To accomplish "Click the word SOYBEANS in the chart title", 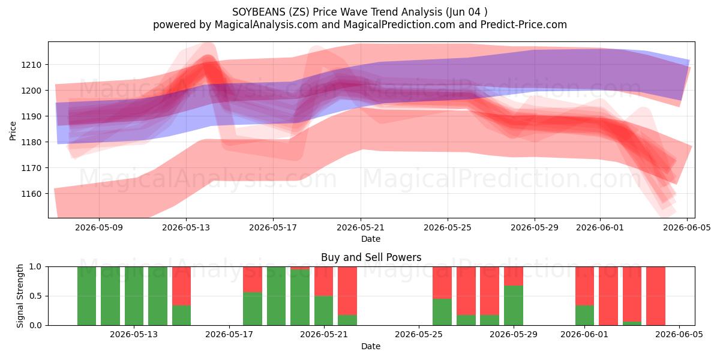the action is [x=259, y=12].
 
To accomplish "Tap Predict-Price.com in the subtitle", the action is [x=524, y=25].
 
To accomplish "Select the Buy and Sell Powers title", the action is [x=371, y=257].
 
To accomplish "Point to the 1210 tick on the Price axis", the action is [x=31, y=65].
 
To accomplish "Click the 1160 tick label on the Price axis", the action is [x=31, y=194].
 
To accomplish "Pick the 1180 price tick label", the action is [x=31, y=142].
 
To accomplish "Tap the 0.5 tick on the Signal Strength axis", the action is [x=35, y=296].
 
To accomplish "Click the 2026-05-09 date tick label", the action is [x=99, y=227].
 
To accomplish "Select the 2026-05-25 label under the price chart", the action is [x=448, y=227].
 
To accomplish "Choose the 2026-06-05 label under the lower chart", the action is [x=679, y=335].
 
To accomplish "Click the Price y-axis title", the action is [x=13, y=131].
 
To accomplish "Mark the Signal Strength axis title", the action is [x=20, y=296].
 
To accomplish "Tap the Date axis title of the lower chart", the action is [x=371, y=346].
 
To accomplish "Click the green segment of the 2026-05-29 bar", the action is [x=514, y=305].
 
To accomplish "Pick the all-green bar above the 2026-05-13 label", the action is [x=134, y=296].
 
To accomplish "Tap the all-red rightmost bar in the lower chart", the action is [x=656, y=296].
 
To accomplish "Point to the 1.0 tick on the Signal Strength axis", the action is [x=35, y=266].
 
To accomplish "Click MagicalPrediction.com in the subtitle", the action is [x=399, y=25].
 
